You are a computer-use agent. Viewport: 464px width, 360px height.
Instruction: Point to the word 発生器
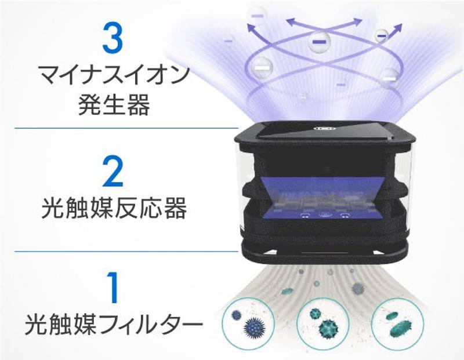[x=113, y=106]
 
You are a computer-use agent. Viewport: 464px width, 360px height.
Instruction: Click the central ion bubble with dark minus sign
[x=318, y=42]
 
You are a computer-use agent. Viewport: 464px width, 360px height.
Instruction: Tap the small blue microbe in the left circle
[x=237, y=316]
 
